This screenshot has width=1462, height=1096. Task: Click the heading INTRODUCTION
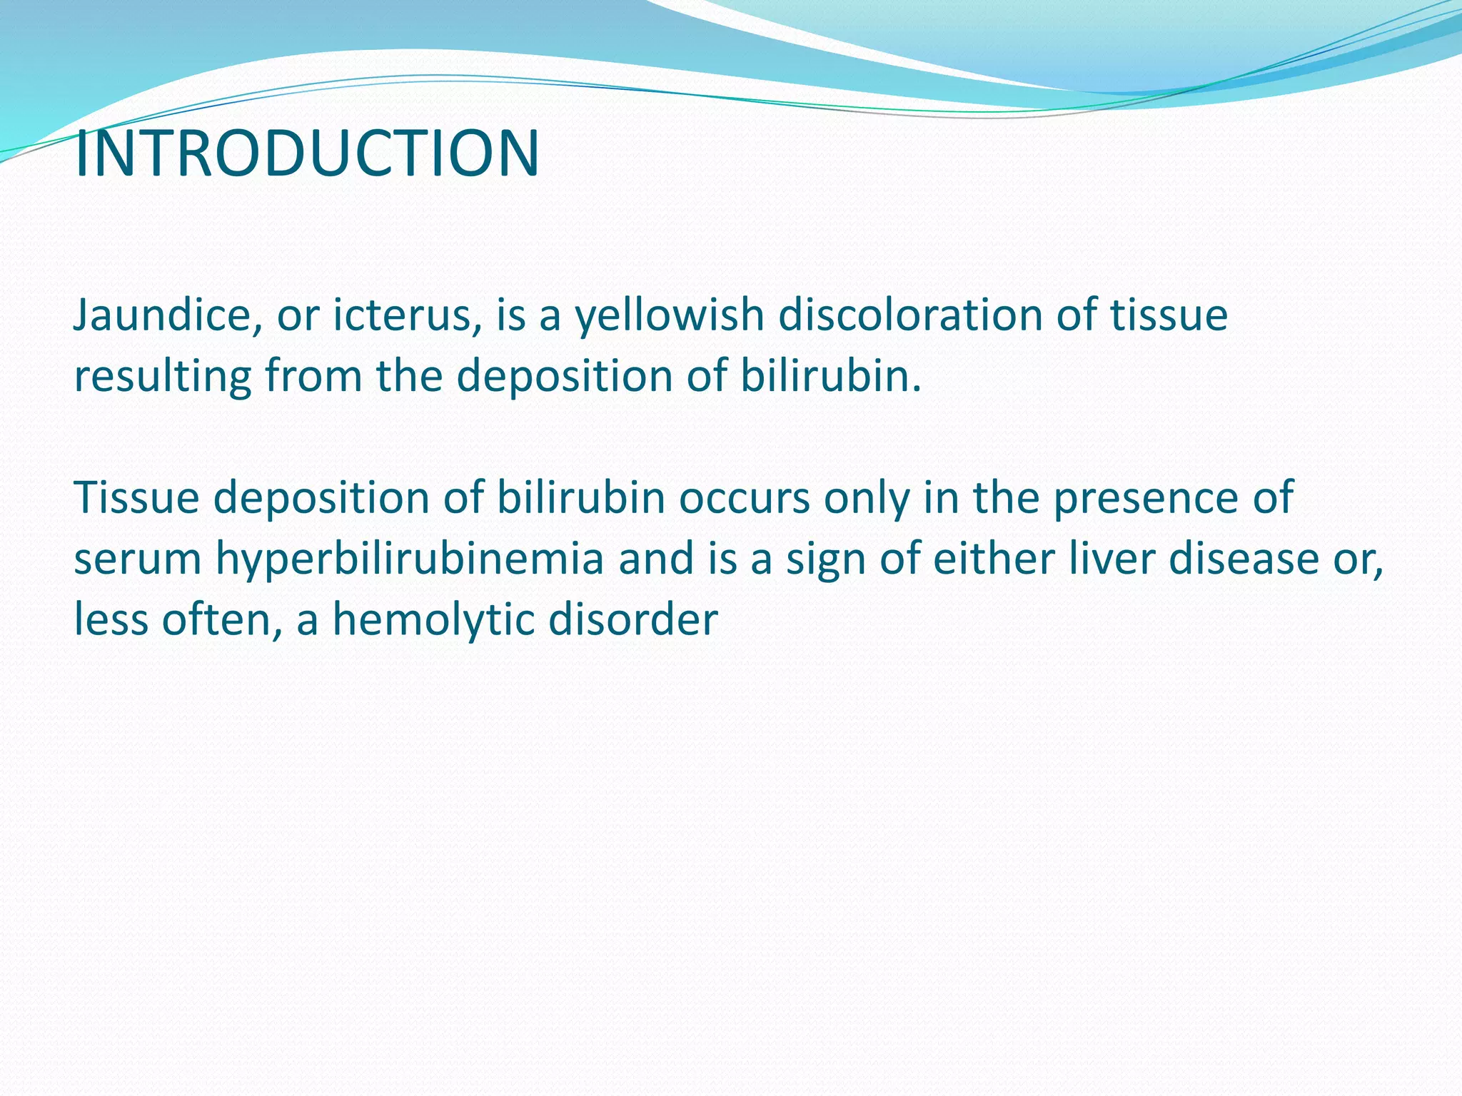(307, 154)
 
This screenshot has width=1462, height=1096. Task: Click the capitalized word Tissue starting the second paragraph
(136, 497)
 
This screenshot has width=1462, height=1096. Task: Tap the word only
(867, 497)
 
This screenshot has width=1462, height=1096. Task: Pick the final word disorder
(632, 619)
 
